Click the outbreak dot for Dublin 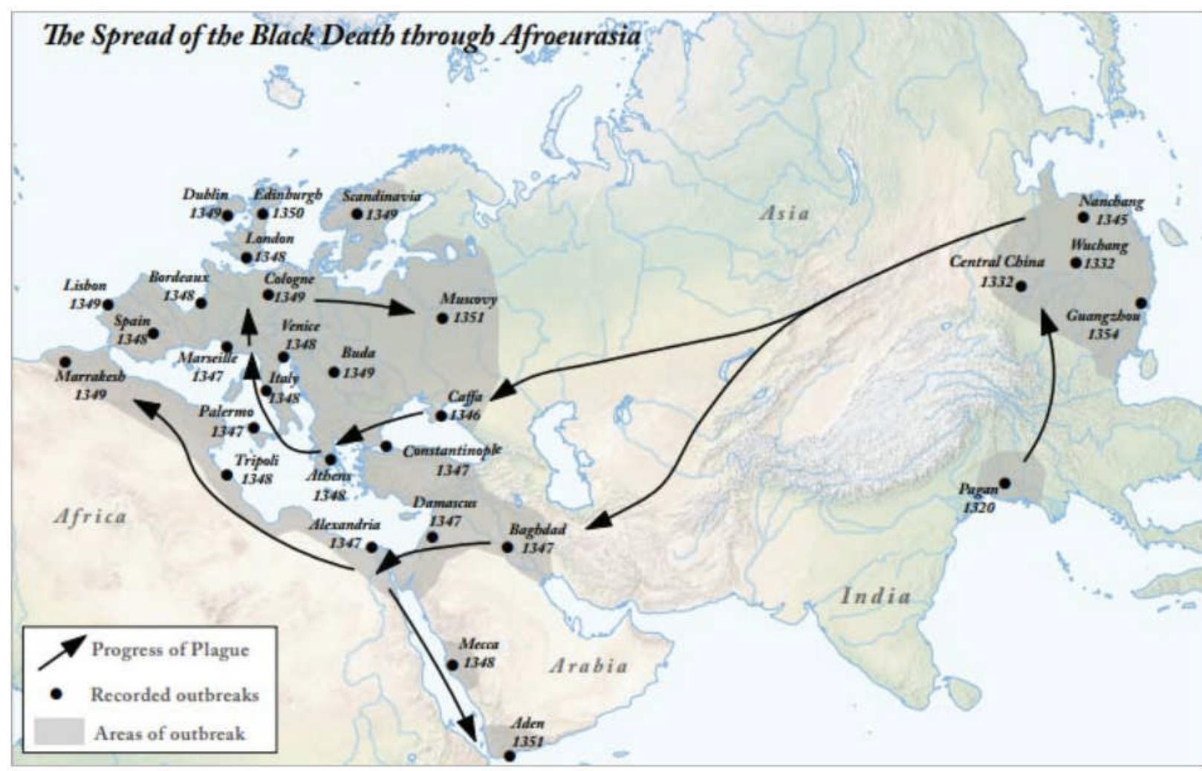[227, 215]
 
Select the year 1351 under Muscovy [468, 318]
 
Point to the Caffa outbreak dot [441, 415]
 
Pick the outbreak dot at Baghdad [507, 547]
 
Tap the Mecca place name [478, 644]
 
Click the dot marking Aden [510, 756]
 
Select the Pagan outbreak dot [1004, 483]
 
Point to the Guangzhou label [1102, 316]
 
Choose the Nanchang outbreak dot [1083, 218]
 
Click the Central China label [996, 261]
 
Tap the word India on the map [876, 596]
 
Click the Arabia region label [588, 666]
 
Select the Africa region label [91, 516]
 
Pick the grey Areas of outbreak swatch [58, 732]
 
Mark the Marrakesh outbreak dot [65, 362]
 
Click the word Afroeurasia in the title [570, 36]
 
